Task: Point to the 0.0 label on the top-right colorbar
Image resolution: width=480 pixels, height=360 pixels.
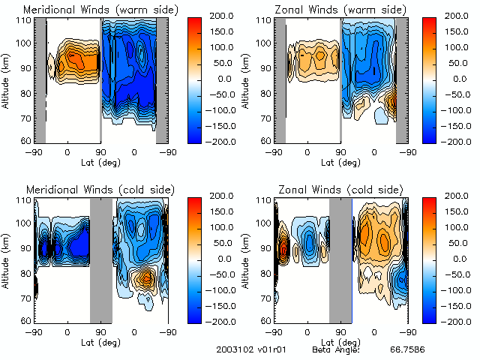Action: (460, 78)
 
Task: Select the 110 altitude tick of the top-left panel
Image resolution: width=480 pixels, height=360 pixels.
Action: (25, 20)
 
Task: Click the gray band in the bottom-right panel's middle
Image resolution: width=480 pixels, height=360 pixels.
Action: (340, 259)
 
